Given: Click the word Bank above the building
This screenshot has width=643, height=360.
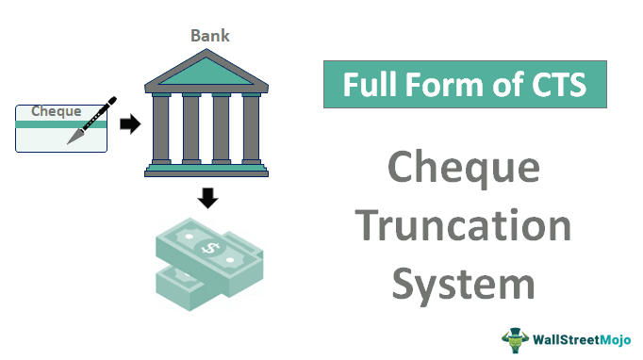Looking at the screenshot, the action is coord(210,36).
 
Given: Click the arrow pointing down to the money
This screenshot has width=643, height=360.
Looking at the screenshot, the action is coord(208,198).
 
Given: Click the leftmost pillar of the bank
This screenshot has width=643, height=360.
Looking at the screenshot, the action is coord(160,128).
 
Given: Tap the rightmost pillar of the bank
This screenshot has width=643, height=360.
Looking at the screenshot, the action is coord(251,128).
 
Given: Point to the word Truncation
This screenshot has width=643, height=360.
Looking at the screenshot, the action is coord(465,226).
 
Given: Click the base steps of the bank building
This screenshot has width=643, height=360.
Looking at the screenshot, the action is coord(206,170).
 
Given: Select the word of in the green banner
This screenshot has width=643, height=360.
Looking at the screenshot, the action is coord(500,86).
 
